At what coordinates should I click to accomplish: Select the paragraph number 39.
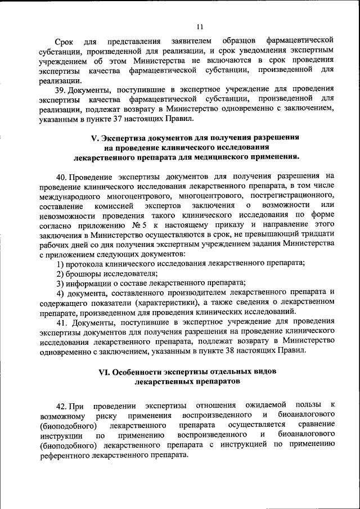point(60,89)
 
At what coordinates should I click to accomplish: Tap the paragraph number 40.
point(61,175)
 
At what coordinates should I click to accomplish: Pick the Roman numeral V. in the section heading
point(94,137)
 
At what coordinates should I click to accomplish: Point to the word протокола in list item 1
point(84,263)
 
